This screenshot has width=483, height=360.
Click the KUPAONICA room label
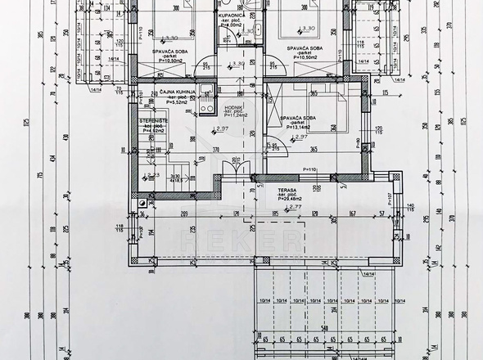click(235, 15)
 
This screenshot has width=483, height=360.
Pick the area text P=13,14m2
click(296, 127)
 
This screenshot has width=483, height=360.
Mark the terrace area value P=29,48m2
click(291, 198)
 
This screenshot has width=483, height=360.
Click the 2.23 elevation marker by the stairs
click(152, 174)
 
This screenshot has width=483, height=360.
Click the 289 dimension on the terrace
click(186, 214)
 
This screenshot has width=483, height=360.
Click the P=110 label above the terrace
click(310, 169)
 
